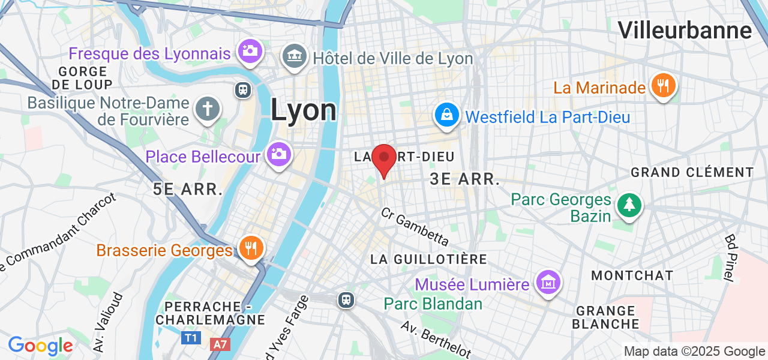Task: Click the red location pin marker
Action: [x=384, y=159]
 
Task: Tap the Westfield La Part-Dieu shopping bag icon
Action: [x=447, y=115]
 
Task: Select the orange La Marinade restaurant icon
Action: [x=663, y=86]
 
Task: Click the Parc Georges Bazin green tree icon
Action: [x=629, y=206]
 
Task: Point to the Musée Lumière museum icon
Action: [x=548, y=282]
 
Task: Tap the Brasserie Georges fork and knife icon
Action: [x=251, y=247]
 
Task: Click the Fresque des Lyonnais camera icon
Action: [x=249, y=51]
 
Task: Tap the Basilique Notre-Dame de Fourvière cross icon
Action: [x=208, y=109]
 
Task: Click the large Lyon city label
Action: [x=303, y=110]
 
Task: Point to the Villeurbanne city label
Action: [x=685, y=30]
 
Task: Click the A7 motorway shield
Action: [x=220, y=344]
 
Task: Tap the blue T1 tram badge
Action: [x=191, y=338]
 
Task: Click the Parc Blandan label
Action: [x=433, y=304]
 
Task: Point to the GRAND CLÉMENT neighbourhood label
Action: [x=692, y=173]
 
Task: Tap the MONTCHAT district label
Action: [x=632, y=275]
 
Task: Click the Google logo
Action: [x=40, y=346]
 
